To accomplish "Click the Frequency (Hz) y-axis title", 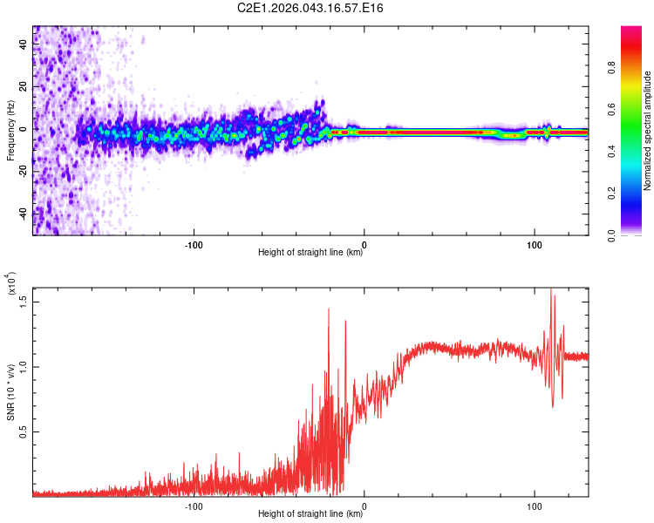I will (10, 131).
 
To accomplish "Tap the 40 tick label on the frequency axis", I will (23, 44).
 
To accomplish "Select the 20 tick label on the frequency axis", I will (23, 87).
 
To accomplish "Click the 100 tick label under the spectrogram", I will (534, 243).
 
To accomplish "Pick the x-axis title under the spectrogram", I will (310, 253).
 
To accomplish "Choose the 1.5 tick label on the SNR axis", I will (23, 301).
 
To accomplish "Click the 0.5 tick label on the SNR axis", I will (23, 431).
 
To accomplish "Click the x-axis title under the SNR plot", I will (310, 514).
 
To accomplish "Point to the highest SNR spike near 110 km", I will (551, 290).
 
